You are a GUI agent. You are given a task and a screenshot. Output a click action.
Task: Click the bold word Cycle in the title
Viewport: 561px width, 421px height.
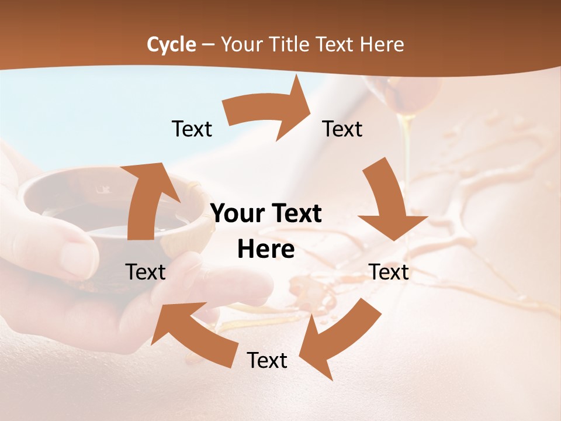171,44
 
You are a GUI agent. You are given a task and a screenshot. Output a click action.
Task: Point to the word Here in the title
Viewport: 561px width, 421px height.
382,44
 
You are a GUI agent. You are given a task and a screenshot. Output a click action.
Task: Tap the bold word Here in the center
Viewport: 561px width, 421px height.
266,250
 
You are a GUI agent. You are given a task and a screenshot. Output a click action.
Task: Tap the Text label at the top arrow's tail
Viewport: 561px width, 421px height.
192,129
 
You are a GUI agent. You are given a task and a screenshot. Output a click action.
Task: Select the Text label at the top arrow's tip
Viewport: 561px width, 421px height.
342,129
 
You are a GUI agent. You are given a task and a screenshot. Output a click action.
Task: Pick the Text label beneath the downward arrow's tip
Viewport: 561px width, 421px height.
389,272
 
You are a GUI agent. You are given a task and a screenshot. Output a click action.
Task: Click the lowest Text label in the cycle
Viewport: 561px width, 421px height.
266,360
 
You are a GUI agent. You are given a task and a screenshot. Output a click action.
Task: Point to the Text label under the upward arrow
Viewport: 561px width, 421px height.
146,272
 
